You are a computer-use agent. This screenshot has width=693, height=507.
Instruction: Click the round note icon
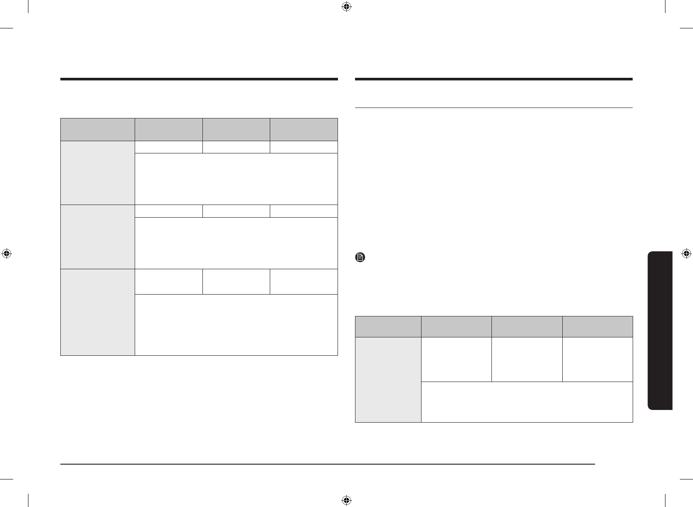(359, 257)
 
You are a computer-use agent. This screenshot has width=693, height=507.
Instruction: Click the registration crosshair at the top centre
(346, 7)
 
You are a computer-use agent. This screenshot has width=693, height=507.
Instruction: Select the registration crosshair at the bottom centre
(346, 500)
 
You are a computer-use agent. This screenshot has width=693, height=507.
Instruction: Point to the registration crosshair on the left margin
(6, 253)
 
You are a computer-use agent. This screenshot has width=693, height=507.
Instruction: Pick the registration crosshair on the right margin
(686, 253)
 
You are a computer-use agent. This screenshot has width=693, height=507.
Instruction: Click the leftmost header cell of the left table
(98, 129)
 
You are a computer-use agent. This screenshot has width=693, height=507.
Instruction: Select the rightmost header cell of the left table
(304, 129)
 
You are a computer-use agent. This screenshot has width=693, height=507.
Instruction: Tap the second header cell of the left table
(169, 129)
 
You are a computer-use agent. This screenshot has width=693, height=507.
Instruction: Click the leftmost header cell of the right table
(388, 326)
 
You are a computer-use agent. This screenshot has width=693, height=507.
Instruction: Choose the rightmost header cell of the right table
(598, 326)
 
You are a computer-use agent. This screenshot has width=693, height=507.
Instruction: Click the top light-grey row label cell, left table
(98, 173)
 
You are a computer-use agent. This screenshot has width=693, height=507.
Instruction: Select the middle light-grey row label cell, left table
(98, 236)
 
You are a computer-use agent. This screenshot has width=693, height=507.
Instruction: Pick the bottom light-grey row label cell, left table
(98, 312)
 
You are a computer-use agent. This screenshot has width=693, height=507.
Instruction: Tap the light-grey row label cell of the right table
(388, 379)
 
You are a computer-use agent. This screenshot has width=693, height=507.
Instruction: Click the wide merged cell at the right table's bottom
(527, 402)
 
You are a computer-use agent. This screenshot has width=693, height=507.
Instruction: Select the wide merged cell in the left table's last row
(237, 325)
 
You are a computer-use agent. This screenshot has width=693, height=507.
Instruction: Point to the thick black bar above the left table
(199, 79)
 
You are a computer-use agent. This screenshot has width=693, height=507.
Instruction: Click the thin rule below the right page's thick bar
(494, 108)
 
